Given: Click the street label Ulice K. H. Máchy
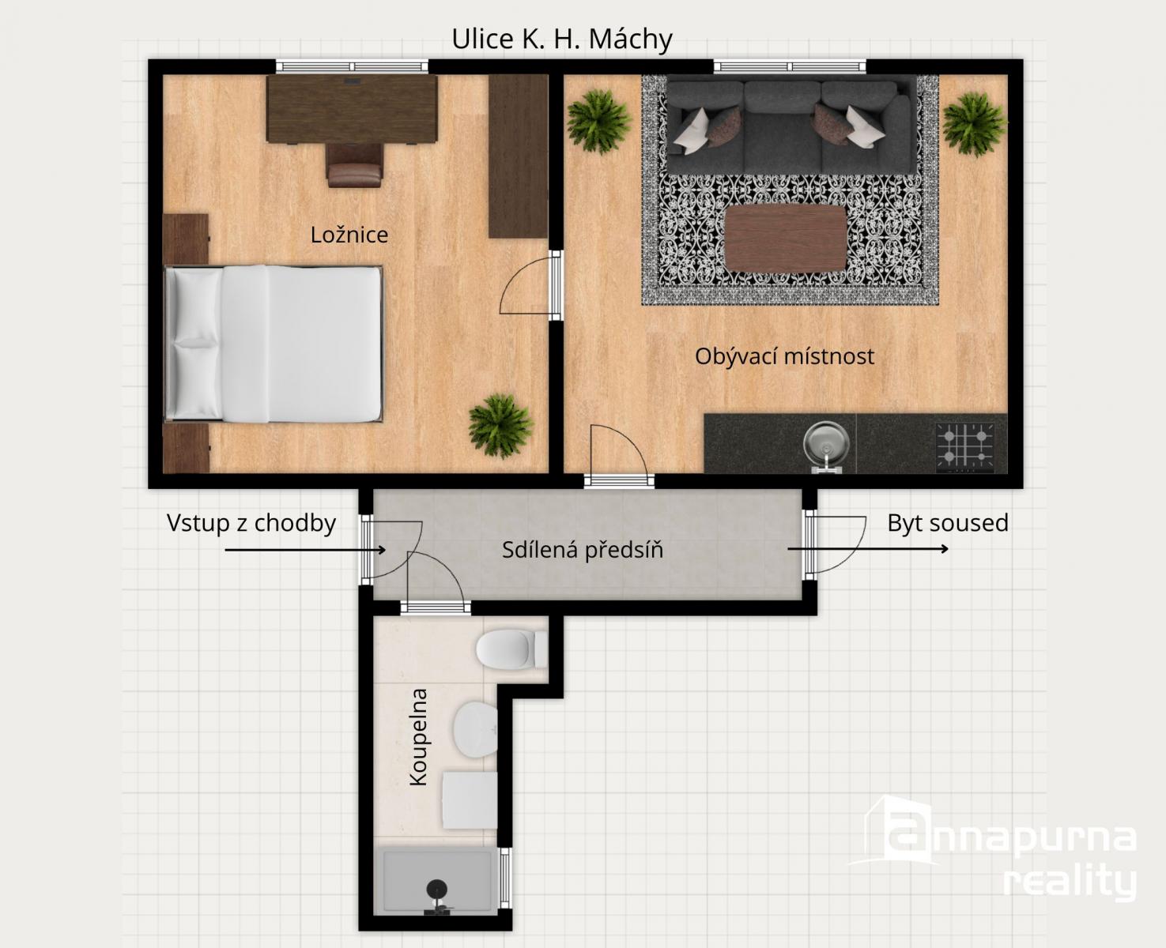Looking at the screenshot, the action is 561,39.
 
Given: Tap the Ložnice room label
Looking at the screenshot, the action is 349,235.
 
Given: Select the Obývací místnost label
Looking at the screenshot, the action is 784,356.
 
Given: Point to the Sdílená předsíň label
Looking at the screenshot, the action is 583,550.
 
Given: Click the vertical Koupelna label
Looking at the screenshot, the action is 419,737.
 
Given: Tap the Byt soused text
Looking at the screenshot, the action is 948,523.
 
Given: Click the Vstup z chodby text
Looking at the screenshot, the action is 251,523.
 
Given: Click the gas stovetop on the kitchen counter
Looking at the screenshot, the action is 965,447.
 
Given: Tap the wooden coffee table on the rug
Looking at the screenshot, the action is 786,238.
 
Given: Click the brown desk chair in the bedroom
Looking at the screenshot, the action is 355,165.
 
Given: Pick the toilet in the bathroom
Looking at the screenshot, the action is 511,649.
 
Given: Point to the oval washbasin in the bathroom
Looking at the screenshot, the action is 475,730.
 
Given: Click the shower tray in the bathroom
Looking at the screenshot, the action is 436,880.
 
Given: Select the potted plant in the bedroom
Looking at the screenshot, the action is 500,425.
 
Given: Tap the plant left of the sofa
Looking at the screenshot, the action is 598,122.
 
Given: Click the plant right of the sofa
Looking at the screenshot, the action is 974,123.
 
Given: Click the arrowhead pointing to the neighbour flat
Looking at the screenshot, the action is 945,549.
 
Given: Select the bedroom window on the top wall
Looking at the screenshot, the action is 352,66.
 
